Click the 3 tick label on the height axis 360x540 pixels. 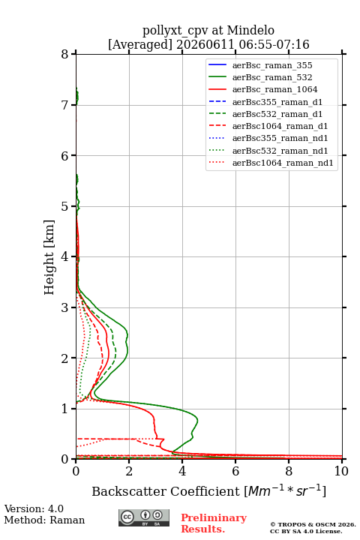coord(64,307)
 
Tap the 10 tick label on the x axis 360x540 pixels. coord(341,471)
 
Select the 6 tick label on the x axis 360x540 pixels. coord(235,471)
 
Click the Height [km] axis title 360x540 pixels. coord(49,257)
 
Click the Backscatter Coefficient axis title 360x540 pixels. coord(208,490)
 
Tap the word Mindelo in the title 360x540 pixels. coord(250,30)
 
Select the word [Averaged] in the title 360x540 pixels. coord(140,44)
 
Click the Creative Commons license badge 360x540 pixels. coord(144,517)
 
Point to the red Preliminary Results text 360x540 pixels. coord(214,523)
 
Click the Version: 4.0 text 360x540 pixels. coord(34,508)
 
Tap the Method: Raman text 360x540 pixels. coord(44,520)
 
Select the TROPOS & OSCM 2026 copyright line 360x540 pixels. coord(313,524)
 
